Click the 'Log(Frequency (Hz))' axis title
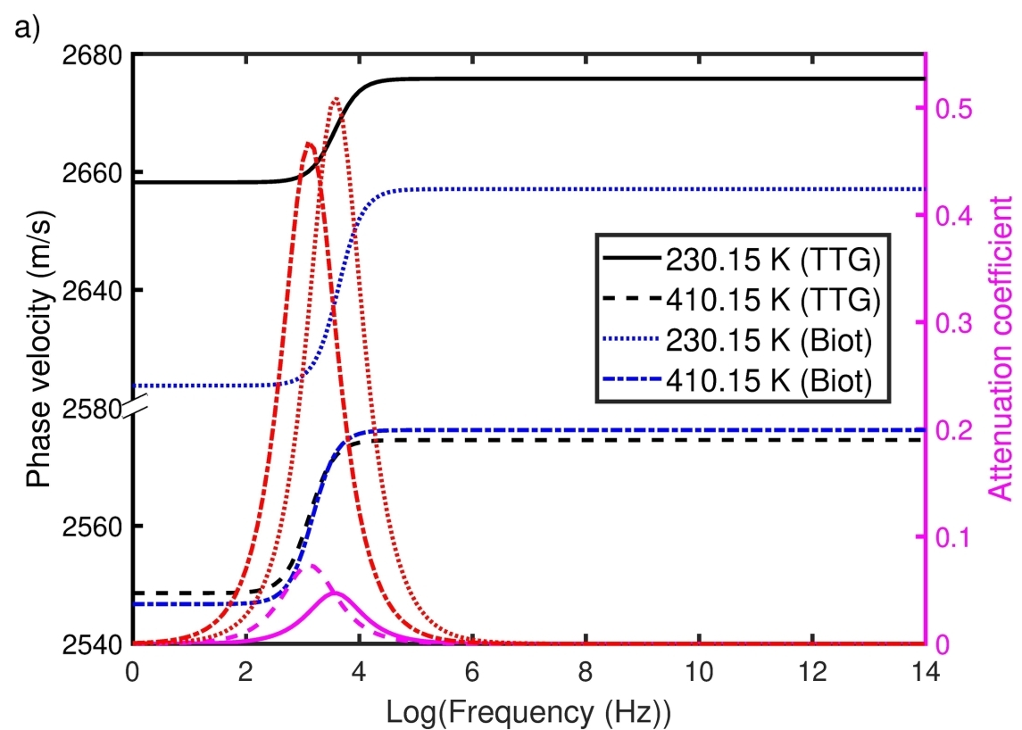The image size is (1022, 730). [x=528, y=711]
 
